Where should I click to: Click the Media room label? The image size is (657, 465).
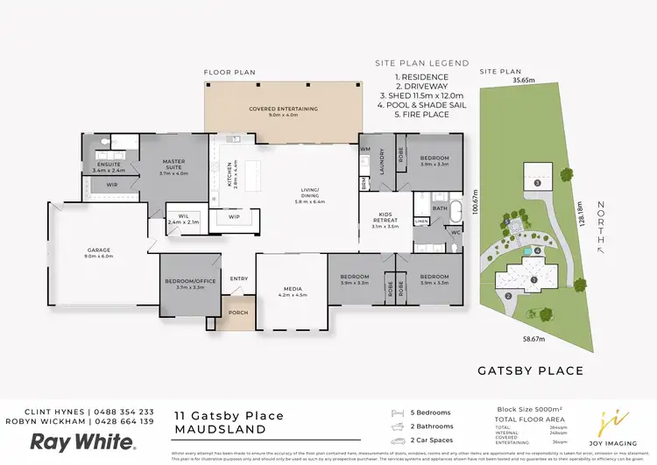(x=292, y=291)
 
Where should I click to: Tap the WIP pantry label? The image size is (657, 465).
(x=234, y=217)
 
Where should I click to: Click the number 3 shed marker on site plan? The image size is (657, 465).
(x=536, y=184)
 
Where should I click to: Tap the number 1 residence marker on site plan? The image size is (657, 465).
(x=533, y=280)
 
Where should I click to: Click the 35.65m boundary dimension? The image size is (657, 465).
(x=524, y=80)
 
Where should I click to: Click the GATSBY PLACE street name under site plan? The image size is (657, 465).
(x=530, y=370)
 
